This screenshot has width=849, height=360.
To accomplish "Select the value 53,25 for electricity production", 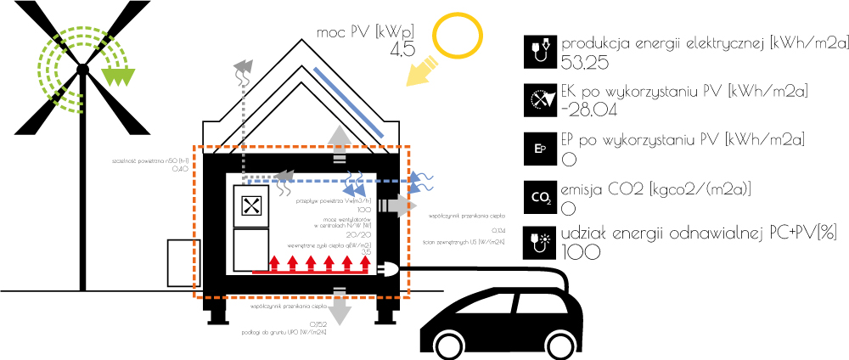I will click(x=586, y=62).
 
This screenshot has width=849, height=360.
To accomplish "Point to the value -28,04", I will click(x=588, y=110).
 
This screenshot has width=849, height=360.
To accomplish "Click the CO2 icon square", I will click(x=540, y=198).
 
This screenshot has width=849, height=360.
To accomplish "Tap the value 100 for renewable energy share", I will click(x=582, y=252).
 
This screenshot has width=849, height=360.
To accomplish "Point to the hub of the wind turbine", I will click(x=82, y=67).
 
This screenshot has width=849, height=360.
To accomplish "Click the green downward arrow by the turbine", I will click(x=115, y=77).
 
